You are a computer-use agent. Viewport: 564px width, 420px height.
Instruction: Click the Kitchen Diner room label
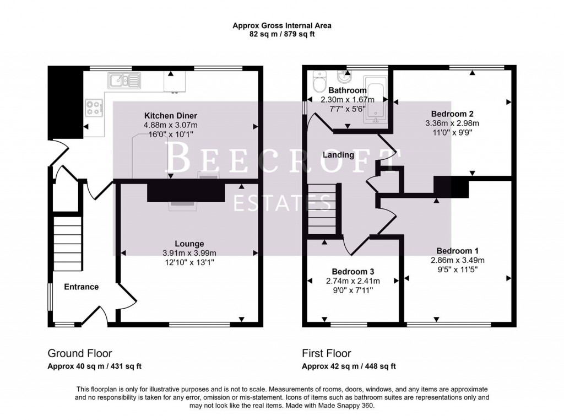(x=170, y=116)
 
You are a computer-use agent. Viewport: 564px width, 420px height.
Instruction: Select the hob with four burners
(x=94, y=107)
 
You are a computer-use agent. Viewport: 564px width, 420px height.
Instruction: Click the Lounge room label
(x=189, y=244)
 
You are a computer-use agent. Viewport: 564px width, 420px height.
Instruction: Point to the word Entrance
(x=82, y=287)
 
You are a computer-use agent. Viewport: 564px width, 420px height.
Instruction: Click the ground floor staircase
(x=67, y=243)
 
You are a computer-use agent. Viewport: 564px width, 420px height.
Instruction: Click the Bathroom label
(x=347, y=90)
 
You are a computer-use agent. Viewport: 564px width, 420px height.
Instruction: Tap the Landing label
(x=338, y=155)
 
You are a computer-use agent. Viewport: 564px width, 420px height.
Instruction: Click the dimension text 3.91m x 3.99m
(x=189, y=253)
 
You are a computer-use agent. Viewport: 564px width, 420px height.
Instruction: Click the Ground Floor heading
(x=80, y=353)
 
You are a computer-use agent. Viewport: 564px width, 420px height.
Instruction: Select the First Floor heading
(x=326, y=353)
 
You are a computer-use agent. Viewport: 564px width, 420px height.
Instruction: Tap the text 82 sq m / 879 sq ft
(x=281, y=34)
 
